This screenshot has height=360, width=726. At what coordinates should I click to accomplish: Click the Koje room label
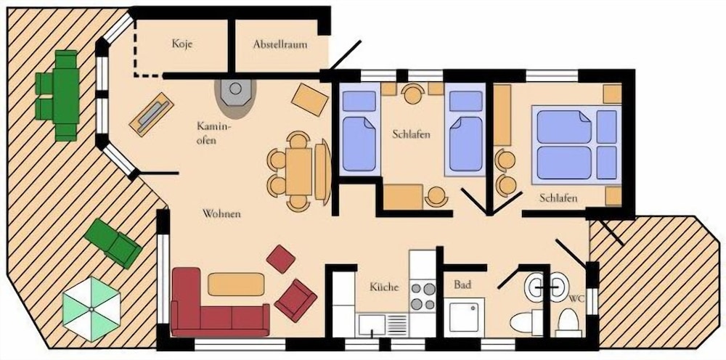pyautogui.click(x=182, y=44)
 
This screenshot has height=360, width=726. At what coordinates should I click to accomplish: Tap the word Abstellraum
pyautogui.click(x=280, y=44)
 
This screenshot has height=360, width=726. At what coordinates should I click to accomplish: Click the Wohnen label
pyautogui.click(x=221, y=214)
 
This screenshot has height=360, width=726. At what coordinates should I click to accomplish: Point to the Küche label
pyautogui.click(x=384, y=287)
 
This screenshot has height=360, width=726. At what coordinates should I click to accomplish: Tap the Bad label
pyautogui.click(x=462, y=285)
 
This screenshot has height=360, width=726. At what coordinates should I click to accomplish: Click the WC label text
pyautogui.click(x=577, y=298)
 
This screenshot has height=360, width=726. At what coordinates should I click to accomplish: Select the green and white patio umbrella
pyautogui.click(x=91, y=308)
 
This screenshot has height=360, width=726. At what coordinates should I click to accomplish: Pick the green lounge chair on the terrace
pyautogui.click(x=113, y=243)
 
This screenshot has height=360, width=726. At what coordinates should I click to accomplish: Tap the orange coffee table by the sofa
pyautogui.click(x=236, y=284)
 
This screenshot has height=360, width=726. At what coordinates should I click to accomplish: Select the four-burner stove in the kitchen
pyautogui.click(x=423, y=296)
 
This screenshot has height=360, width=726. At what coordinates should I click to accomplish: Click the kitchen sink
pyautogui.click(x=372, y=325)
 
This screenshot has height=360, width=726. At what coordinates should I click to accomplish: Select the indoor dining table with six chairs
pyautogui.click(x=298, y=171)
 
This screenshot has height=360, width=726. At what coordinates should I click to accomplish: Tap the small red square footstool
pyautogui.click(x=280, y=258)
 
